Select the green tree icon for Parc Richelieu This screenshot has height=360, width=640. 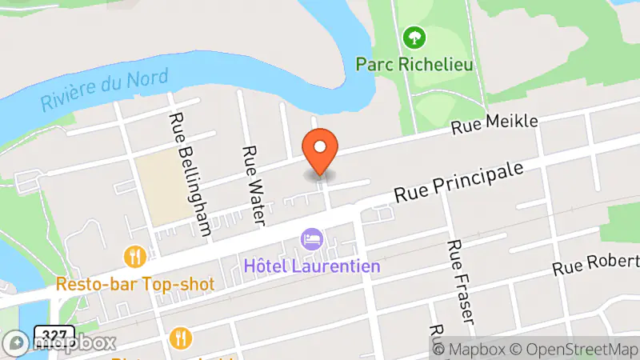(414, 37)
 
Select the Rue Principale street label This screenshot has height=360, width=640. (462, 183)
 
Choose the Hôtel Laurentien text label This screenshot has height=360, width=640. (312, 265)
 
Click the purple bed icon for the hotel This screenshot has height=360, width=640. (310, 238)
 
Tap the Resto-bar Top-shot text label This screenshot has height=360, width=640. (135, 283)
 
